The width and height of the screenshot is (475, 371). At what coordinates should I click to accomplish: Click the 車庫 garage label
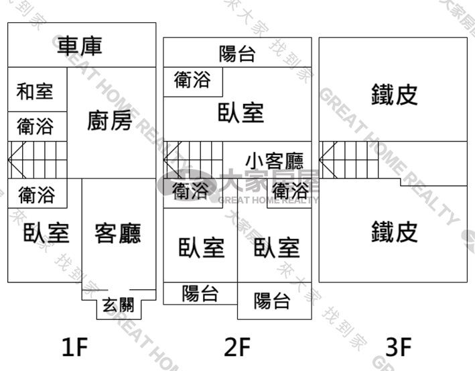[80, 46]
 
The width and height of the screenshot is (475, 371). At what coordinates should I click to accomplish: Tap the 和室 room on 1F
[35, 91]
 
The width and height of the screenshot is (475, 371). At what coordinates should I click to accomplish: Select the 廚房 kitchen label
[110, 120]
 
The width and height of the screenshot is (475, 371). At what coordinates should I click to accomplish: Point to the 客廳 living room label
[118, 233]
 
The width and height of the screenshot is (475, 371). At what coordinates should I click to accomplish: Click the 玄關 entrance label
[118, 305]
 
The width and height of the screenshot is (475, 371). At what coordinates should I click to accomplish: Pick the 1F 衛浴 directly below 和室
[36, 126]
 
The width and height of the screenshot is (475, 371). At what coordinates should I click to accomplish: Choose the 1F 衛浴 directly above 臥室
[37, 195]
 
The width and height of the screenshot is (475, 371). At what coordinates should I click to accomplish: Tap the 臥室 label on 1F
[46, 233]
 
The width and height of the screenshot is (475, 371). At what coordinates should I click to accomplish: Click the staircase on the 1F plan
[38, 160]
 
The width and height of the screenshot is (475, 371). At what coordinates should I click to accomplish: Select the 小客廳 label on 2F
[275, 161]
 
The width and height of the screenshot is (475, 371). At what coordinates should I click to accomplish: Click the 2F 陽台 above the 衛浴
[237, 54]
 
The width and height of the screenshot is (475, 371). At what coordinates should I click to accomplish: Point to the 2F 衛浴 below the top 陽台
[192, 79]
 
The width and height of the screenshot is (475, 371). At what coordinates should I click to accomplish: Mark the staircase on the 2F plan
[193, 160]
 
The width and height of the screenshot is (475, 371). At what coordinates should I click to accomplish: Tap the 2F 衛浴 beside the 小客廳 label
[291, 191]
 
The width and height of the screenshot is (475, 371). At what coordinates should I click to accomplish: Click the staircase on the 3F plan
[348, 160]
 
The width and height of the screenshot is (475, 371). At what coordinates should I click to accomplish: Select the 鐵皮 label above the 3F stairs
[395, 95]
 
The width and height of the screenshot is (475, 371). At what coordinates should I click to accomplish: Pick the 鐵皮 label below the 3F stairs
[395, 231]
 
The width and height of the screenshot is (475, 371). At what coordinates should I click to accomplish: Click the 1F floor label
[75, 347]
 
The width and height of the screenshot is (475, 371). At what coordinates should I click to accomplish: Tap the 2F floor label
[237, 347]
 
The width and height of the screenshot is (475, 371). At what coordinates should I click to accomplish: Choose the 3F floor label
[399, 347]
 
